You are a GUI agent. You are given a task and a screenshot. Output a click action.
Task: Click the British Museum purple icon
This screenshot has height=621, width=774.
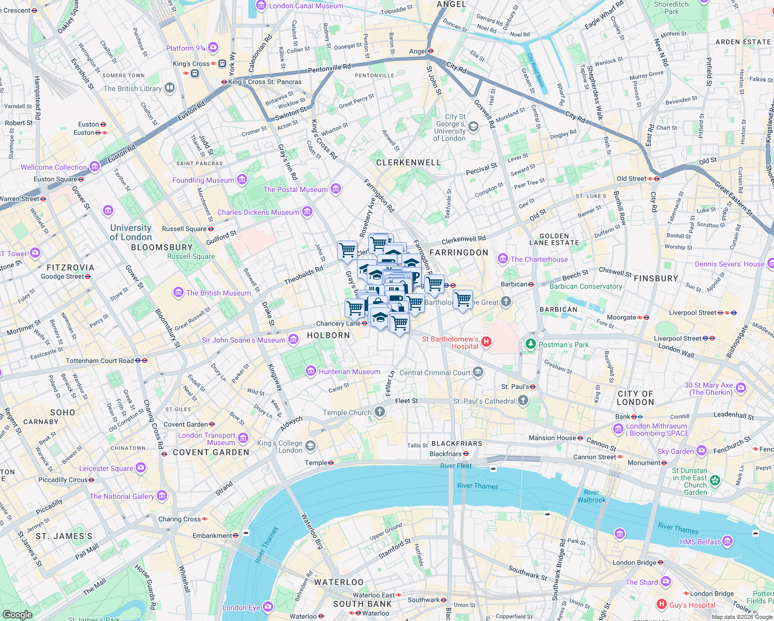click(178, 293)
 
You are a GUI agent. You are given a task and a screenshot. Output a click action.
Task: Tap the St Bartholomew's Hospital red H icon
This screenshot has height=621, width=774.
click(486, 342)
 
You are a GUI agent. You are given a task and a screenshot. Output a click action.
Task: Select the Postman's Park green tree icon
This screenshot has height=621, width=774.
click(530, 344)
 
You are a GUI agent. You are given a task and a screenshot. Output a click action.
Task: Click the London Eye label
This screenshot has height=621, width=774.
click(241, 608)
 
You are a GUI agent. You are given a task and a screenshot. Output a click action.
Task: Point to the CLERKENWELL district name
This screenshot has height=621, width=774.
click(408, 162)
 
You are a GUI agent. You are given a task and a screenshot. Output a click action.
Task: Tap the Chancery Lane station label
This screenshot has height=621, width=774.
click(338, 323)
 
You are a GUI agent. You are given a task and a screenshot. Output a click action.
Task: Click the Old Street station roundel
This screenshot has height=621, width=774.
click(656, 179)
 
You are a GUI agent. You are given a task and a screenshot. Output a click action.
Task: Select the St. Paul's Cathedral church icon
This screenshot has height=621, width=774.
click(523, 401)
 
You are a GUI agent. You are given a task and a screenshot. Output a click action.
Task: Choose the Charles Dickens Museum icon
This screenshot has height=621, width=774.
click(307, 212)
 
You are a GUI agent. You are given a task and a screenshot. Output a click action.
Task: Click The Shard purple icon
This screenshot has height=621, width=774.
click(666, 582)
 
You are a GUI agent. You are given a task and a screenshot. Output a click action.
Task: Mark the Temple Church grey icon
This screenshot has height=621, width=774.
click(380, 412)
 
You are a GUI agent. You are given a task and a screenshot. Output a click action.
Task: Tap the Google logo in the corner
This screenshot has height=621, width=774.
click(18, 614)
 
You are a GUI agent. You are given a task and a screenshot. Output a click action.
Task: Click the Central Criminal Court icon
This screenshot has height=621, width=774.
click(478, 372)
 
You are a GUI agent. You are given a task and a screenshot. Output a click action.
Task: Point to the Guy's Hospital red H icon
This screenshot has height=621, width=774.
click(661, 604)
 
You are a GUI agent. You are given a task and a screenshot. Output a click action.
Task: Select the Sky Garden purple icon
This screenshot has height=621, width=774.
click(701, 451)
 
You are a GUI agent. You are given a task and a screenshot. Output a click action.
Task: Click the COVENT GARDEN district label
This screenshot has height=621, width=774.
click(211, 452)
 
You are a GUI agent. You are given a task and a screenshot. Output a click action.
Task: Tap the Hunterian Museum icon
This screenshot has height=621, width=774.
click(311, 371)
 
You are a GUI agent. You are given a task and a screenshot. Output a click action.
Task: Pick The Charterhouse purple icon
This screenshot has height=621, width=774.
click(502, 259)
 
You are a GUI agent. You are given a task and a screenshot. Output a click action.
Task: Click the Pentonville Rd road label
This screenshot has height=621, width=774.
click(329, 68)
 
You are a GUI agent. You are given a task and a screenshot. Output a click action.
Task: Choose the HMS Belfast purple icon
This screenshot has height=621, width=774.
click(727, 541)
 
